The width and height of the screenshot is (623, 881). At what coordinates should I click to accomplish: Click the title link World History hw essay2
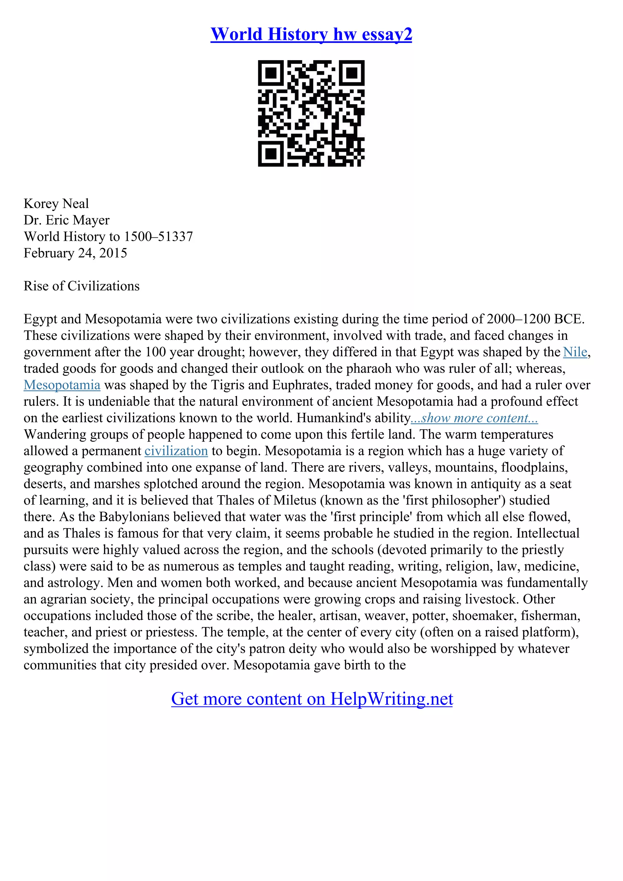311,35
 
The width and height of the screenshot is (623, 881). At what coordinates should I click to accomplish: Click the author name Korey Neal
56,204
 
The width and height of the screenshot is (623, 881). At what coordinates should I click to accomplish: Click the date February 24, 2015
75,253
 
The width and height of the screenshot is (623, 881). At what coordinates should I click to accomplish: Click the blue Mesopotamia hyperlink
62,385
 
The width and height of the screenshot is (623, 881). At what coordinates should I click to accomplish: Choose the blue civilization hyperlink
176,451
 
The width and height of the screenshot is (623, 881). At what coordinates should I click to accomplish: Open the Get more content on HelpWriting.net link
312,699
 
